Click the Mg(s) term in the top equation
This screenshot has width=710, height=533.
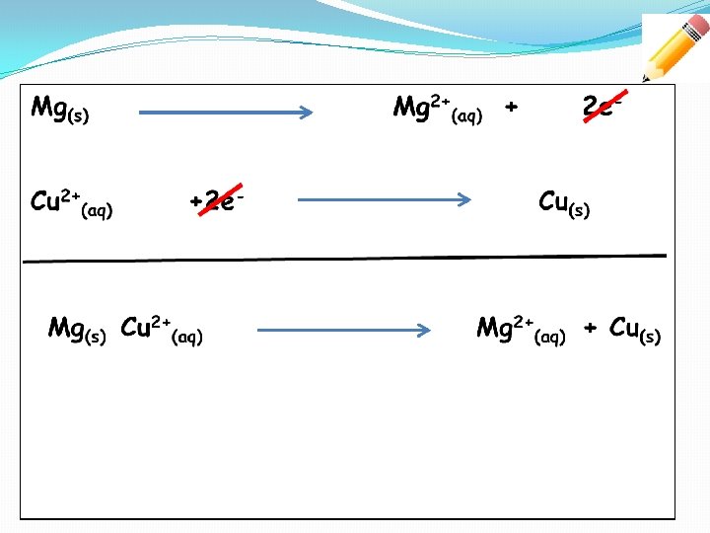(x=59, y=109)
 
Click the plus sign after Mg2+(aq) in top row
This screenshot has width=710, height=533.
(x=511, y=106)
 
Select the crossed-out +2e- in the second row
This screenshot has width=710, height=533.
(x=217, y=200)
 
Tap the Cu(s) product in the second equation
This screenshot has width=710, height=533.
(x=564, y=204)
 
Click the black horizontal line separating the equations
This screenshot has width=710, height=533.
(x=345, y=259)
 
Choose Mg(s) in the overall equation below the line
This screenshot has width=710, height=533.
(x=77, y=329)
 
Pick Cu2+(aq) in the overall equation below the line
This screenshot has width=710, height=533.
(x=161, y=330)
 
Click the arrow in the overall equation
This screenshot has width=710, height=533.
(x=345, y=331)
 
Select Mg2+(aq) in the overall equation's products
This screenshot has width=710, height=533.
(x=521, y=330)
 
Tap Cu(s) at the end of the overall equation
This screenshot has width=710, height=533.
(x=635, y=330)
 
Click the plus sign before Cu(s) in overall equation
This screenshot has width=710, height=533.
(x=591, y=328)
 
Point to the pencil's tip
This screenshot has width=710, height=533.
(x=645, y=79)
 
